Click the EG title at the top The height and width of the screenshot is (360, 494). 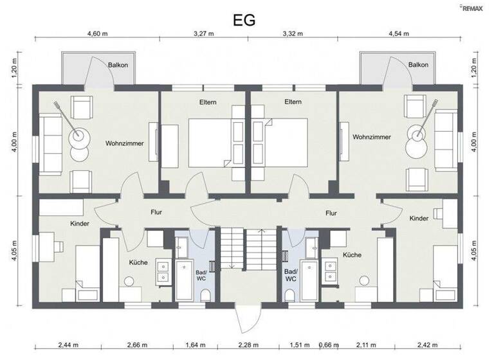click(x=245, y=19)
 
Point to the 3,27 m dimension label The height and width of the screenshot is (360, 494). click(x=205, y=34)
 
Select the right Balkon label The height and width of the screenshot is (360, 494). click(x=418, y=65)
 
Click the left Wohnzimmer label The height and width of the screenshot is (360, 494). click(x=124, y=143)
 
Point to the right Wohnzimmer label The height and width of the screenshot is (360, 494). click(x=371, y=137)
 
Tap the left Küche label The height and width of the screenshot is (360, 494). click(x=138, y=262)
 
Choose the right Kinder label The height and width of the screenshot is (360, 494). click(x=419, y=219)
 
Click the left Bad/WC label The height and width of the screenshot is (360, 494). click(x=201, y=275)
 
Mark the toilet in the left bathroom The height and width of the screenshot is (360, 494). click(x=206, y=295)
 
